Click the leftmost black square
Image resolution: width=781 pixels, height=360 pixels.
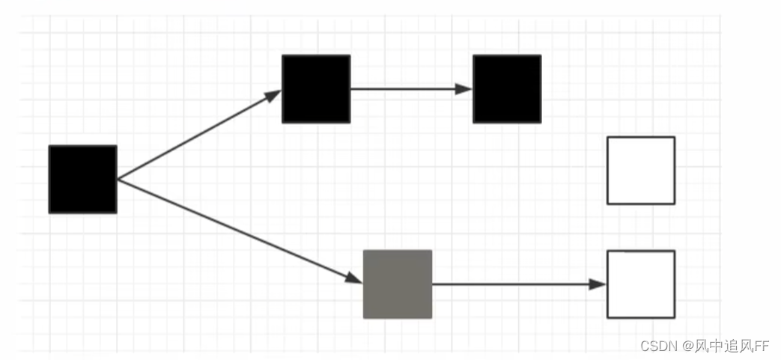(82, 180)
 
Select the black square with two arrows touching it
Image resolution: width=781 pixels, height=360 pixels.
(316, 89)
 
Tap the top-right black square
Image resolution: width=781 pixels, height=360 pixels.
(507, 89)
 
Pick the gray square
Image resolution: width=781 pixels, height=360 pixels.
(398, 284)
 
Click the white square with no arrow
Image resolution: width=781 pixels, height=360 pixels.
(641, 171)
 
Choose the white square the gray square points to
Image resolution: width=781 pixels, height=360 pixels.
(641, 284)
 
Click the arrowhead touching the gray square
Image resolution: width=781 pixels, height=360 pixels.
(355, 278)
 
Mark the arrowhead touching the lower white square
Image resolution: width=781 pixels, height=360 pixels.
(598, 284)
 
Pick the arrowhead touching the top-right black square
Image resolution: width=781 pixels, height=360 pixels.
(465, 89)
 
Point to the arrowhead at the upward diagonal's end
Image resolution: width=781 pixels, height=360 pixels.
(273, 94)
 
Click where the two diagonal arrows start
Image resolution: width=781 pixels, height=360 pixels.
(118, 180)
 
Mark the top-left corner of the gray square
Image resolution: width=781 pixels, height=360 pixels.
(365, 251)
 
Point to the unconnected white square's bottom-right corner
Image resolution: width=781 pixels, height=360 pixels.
(674, 203)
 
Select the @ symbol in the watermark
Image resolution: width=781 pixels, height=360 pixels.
(688, 346)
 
